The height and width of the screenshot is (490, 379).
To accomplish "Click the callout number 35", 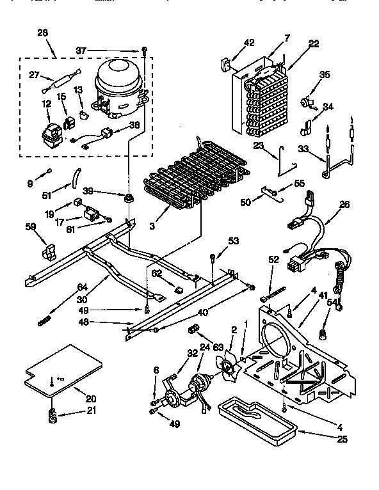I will point(325,75).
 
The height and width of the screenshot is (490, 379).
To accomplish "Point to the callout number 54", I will point(333,302).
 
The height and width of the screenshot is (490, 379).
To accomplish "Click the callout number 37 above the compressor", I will point(99,50).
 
